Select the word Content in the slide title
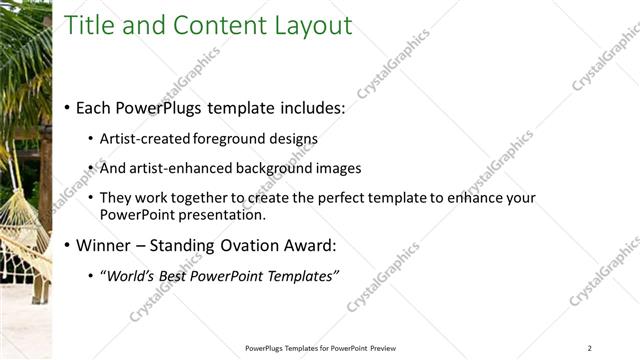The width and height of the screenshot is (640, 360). coord(214,25)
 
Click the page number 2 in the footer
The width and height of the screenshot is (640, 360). coord(590,348)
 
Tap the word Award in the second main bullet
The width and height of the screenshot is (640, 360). coord(308,244)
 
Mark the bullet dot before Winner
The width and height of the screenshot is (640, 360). coord(67,244)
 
